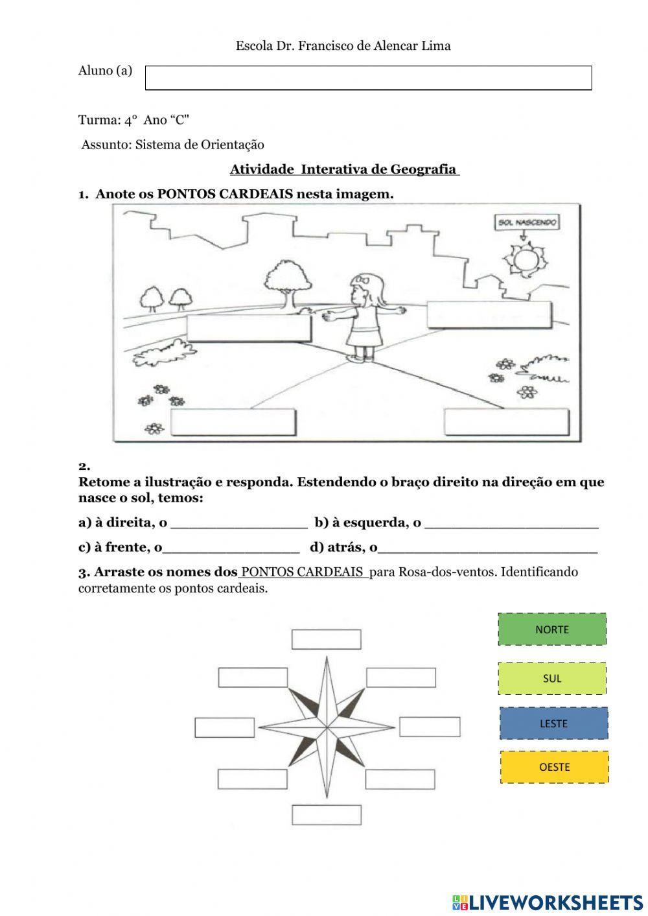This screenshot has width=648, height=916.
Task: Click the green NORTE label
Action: point(552,629)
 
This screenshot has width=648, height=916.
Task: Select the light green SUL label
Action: point(552,679)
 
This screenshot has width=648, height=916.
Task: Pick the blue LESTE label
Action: point(553,723)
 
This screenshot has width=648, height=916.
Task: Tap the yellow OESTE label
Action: point(554,767)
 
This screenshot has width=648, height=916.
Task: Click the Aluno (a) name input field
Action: point(368,78)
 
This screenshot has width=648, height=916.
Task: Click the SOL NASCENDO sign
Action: point(527,223)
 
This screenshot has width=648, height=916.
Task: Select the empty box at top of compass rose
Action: point(326,639)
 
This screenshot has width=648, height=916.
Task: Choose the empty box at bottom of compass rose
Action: point(326,815)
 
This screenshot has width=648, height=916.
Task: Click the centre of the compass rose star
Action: point(327,725)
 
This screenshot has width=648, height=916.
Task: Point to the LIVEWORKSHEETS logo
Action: point(548,902)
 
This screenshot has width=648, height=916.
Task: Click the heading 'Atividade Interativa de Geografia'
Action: point(344,170)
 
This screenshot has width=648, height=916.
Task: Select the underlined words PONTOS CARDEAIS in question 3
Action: point(303,572)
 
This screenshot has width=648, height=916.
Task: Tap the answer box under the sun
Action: point(489,315)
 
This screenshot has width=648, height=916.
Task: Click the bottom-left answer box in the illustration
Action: point(233,423)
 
